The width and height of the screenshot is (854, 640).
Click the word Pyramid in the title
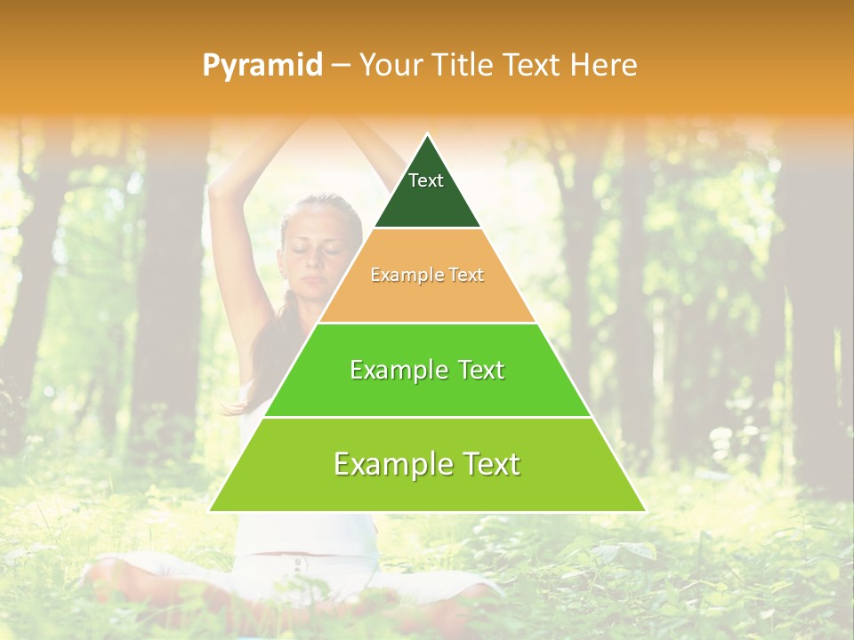coord(262,66)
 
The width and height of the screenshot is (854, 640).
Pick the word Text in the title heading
coord(536,65)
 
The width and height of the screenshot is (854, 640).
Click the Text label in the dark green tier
coord(426,180)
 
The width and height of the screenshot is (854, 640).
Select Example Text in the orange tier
coord(427,275)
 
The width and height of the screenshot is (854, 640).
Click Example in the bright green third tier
coord(397,370)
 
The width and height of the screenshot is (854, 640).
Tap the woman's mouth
coord(310,284)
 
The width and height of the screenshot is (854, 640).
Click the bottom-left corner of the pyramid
coord(211,510)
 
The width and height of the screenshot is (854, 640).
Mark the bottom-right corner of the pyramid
coord(644,510)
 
